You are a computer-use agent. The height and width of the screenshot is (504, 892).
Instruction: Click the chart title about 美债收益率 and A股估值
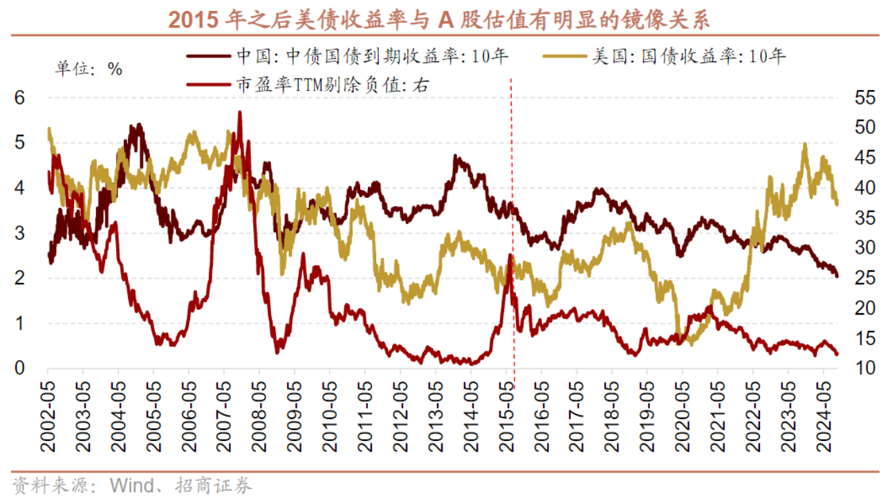point(440,19)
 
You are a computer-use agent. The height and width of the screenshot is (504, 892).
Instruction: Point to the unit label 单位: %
point(89,68)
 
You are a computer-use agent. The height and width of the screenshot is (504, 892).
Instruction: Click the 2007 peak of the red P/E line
point(239,113)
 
